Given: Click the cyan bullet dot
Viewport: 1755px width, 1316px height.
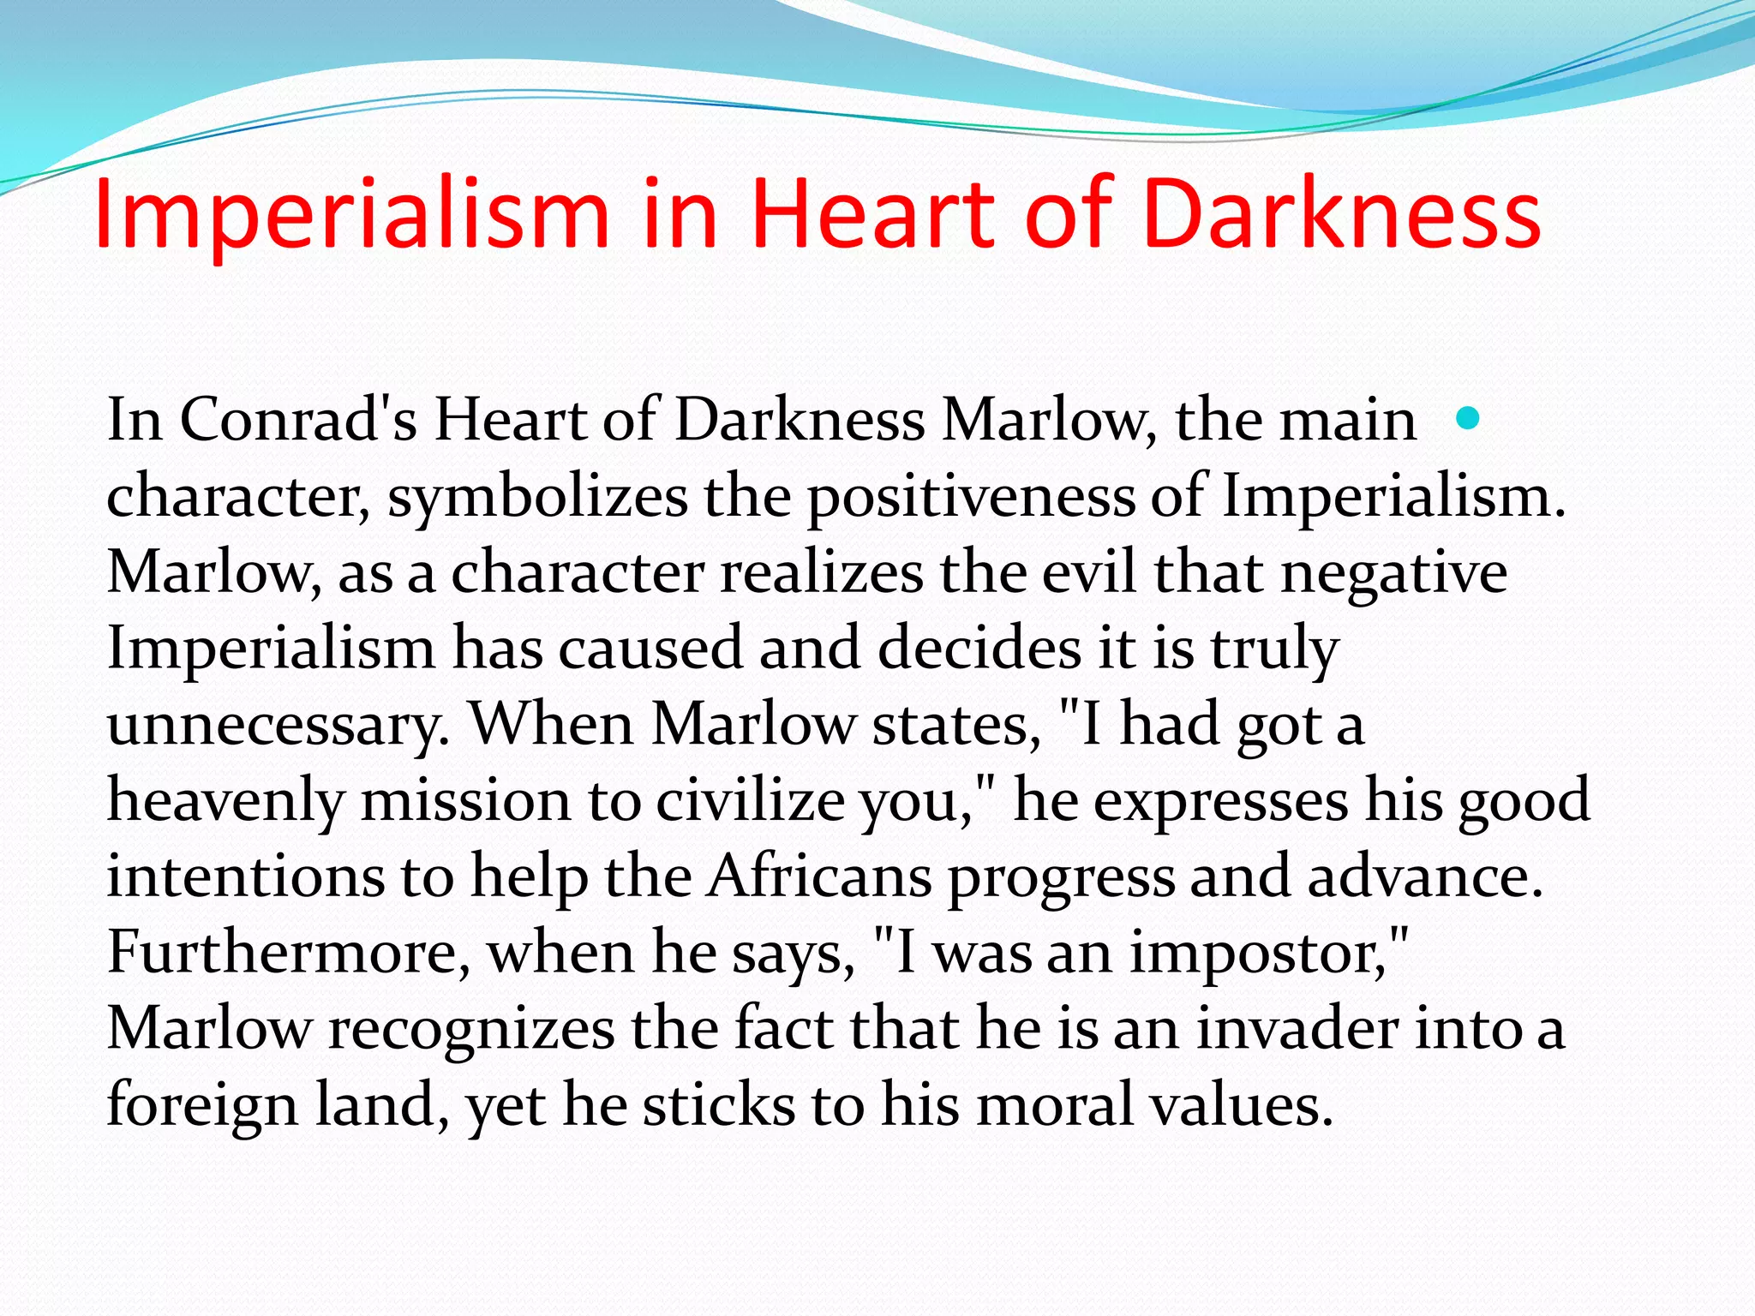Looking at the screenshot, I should (x=1468, y=418).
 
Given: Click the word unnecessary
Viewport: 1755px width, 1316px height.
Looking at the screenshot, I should (x=278, y=725).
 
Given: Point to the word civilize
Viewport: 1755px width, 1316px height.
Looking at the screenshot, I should (x=751, y=801).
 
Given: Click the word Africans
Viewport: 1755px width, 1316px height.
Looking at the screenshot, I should (x=820, y=876).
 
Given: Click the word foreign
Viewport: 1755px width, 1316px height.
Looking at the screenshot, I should (x=202, y=1104).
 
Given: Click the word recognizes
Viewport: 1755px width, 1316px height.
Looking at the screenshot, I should (x=471, y=1028).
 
